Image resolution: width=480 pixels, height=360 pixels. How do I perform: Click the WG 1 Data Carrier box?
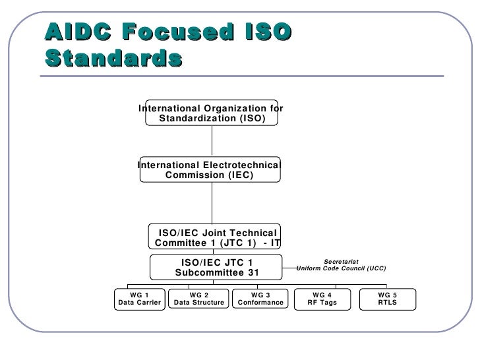[139, 298]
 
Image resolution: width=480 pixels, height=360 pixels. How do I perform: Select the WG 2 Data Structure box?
[199, 298]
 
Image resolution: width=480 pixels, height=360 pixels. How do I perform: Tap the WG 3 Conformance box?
[260, 298]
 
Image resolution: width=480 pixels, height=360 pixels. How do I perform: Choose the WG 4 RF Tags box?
[322, 298]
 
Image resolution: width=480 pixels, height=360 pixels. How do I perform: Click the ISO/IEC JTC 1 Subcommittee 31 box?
[217, 267]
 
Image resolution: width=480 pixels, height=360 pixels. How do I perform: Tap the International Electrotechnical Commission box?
[209, 169]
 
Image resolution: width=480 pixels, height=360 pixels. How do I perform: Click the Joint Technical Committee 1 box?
[217, 237]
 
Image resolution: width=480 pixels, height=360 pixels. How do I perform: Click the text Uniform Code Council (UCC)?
[342, 269]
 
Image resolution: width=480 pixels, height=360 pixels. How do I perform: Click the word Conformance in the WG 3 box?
[260, 303]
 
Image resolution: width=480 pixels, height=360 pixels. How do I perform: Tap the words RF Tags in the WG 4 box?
[322, 303]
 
